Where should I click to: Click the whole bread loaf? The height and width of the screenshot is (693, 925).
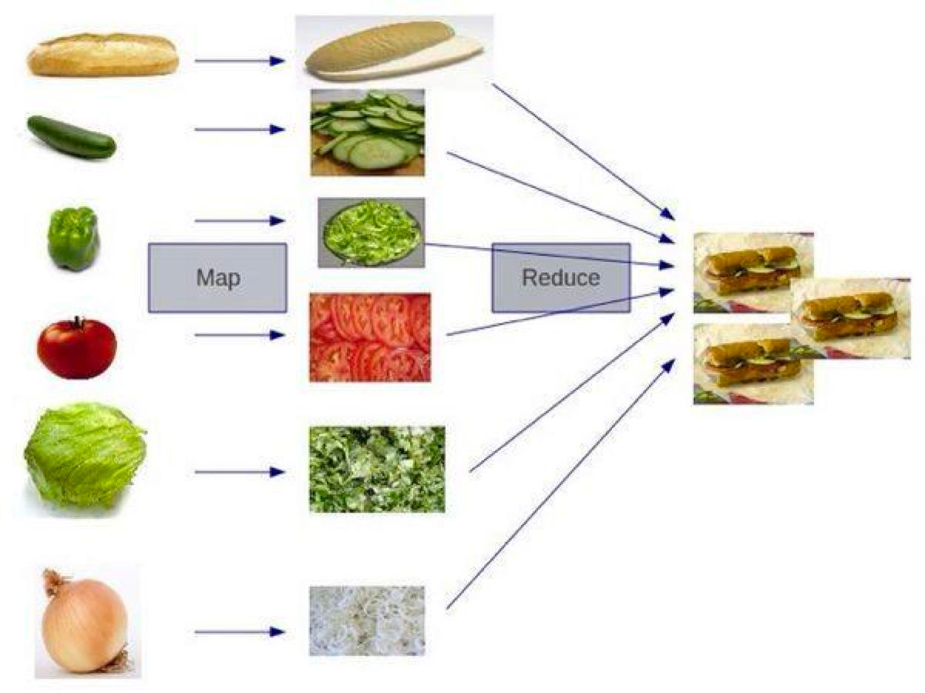pos(103,55)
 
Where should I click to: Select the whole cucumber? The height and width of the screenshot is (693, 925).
pos(72,137)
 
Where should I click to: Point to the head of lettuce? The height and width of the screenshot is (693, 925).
pos(84,454)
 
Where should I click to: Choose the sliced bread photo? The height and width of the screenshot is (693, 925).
pos(393,50)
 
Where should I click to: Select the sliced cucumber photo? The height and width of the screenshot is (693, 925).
pos(368,132)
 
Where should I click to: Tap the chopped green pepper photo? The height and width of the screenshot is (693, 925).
pos(371,232)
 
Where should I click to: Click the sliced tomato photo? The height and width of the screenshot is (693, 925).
pos(370,337)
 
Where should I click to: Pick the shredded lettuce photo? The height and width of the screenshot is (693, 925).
pos(377,469)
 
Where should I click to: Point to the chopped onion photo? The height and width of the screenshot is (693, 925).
pos(367,621)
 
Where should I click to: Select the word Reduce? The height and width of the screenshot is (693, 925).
pos(561,278)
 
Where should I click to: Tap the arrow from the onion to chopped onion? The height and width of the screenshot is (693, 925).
pos(239,632)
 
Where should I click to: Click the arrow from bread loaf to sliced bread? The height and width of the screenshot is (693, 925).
pos(239,61)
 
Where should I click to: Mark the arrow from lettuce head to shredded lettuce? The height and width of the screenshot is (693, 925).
pos(239,472)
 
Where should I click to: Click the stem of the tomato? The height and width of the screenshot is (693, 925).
pos(77,322)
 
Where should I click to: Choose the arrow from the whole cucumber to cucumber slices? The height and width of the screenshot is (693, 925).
pos(239,130)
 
